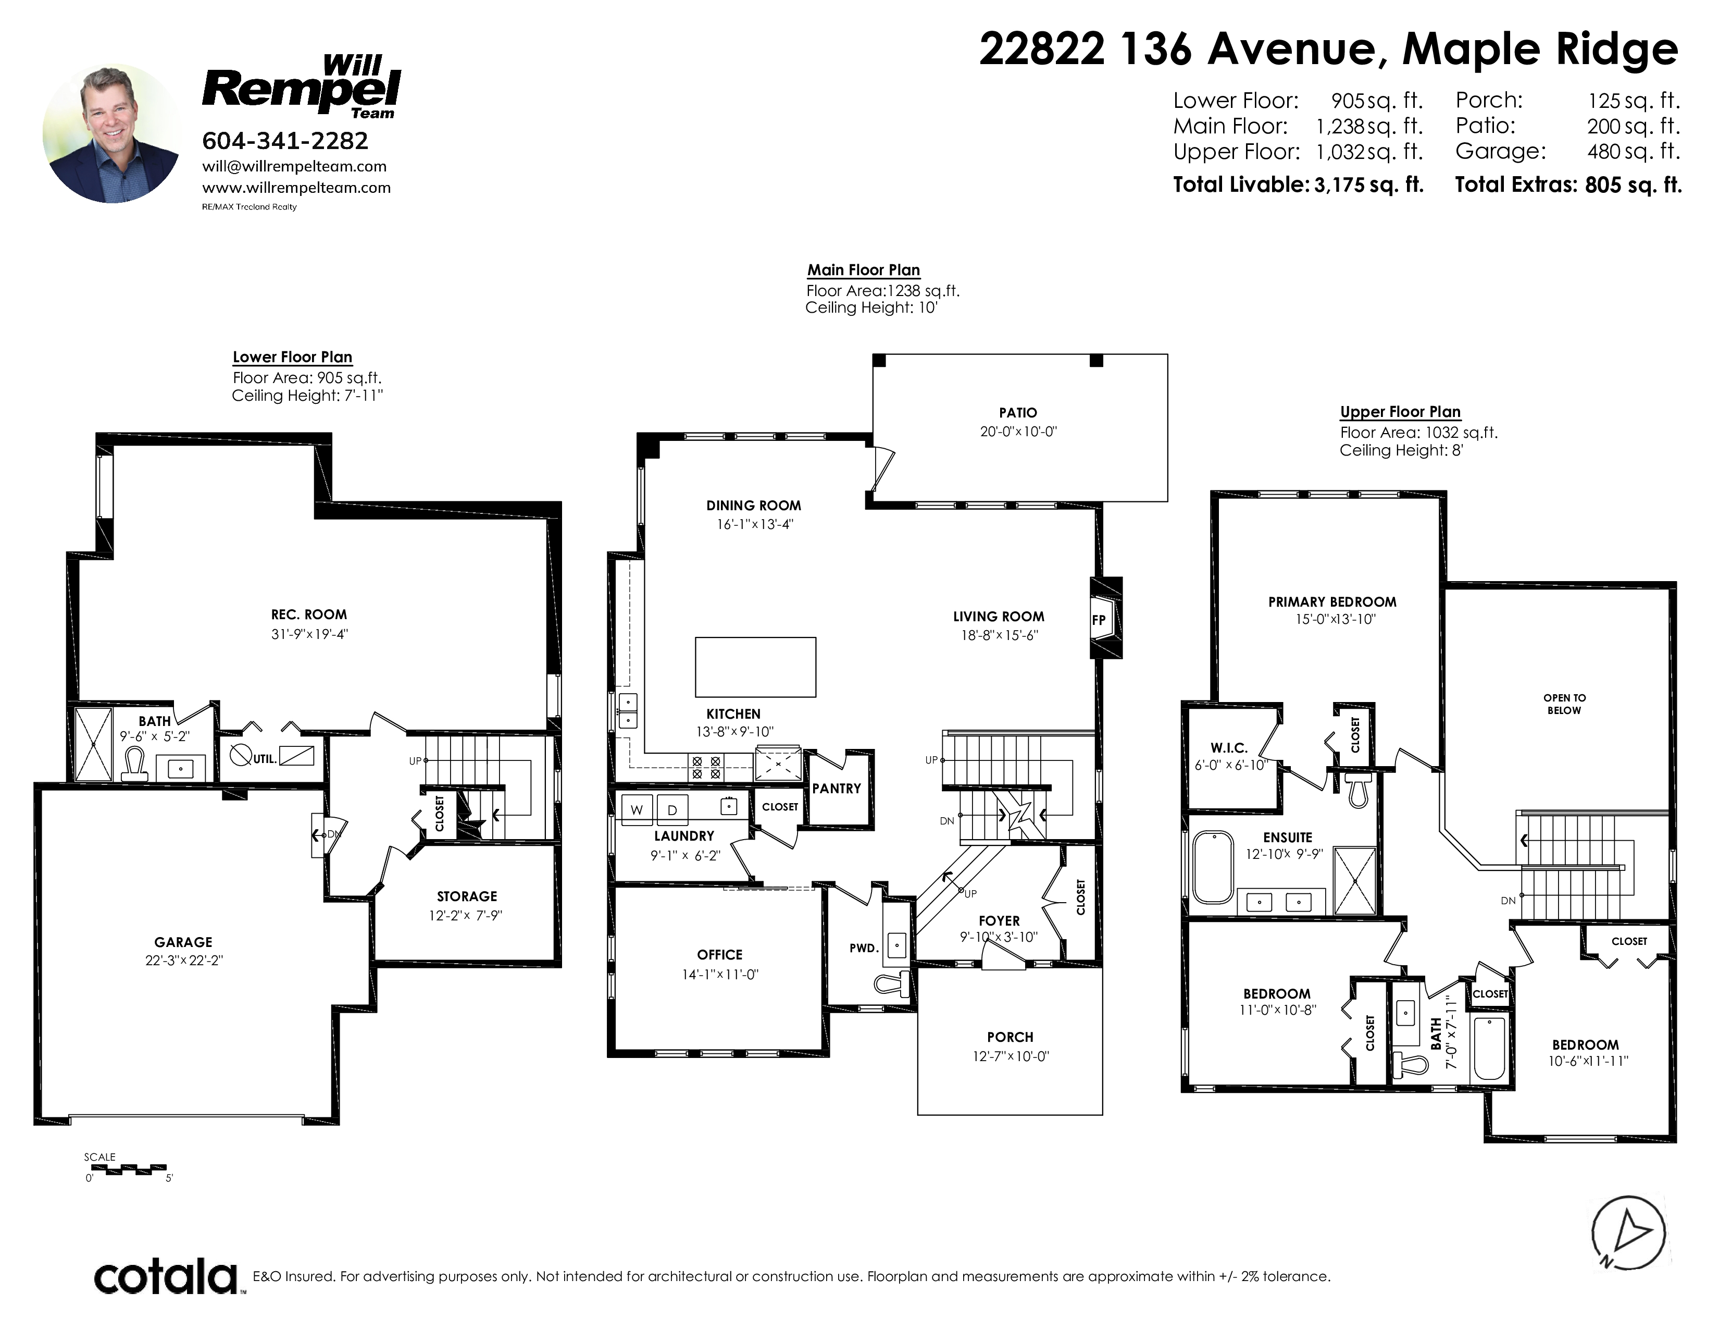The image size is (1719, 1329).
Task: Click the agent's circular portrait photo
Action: [112, 134]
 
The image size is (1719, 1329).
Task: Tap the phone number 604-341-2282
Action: [285, 141]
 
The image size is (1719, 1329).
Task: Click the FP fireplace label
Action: [1099, 620]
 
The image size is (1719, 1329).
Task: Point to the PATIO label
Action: [1018, 413]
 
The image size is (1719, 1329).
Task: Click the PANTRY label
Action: [837, 788]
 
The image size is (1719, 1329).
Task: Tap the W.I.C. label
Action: [1229, 748]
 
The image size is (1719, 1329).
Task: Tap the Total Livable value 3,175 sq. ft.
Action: [1369, 185]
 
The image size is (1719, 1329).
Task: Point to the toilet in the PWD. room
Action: [892, 983]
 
